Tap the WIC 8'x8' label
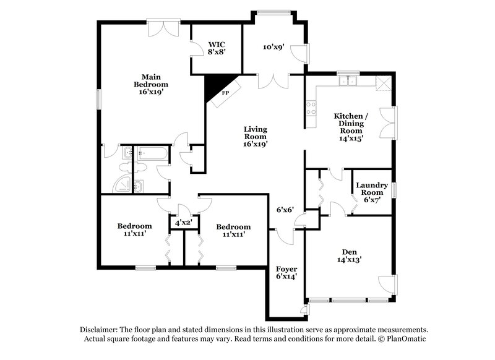click(x=217, y=48)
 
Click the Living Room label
click(x=255, y=137)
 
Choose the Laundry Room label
click(x=372, y=192)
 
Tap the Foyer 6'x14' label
click(x=286, y=273)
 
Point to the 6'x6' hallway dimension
click(x=285, y=209)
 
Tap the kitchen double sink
click(x=349, y=80)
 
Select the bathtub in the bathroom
click(x=148, y=152)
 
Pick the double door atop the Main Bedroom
click(x=164, y=28)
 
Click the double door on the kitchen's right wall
click(x=388, y=122)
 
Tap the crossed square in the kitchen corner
click(x=384, y=84)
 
